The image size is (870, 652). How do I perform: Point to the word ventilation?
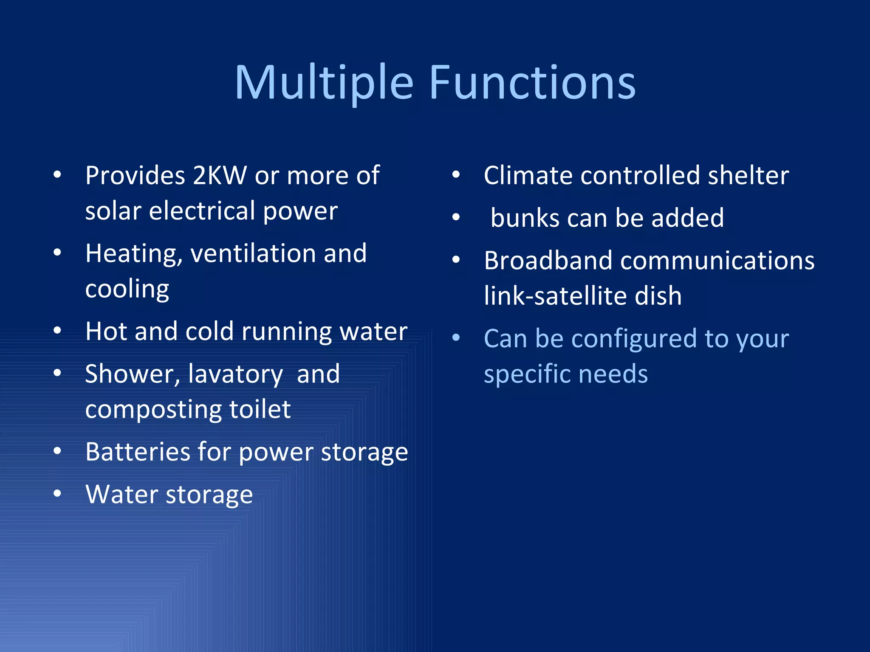pos(253,253)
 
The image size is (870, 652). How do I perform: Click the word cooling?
pos(127,289)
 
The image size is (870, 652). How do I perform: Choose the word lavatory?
pos(235,374)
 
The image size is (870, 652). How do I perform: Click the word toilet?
pos(260,410)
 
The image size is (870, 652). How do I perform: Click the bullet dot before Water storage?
pos(57,494)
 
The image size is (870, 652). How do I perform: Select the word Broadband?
pos(548,260)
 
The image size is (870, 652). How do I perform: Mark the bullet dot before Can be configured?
pos(456,338)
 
